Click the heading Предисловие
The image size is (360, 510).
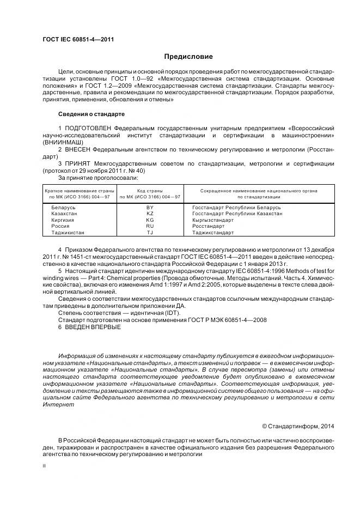tap(188, 57)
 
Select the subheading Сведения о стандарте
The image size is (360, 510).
tap(91, 114)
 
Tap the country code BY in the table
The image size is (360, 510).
tap(150, 208)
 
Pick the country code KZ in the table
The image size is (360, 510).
tap(150, 214)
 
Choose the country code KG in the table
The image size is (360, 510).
tap(150, 220)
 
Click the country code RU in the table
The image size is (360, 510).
tap(150, 226)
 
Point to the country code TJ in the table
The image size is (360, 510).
tap(150, 233)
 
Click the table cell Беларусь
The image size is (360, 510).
tap(63, 208)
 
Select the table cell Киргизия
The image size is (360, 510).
tap(63, 220)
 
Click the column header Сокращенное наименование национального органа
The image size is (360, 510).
tap(259, 191)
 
